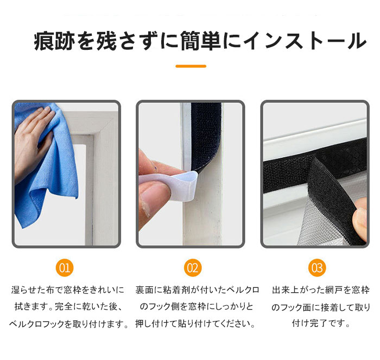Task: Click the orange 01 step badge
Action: tap(65, 268)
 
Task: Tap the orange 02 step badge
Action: tap(193, 268)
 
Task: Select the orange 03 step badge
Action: tap(317, 268)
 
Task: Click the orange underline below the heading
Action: tap(191, 66)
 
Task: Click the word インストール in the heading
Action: tap(305, 41)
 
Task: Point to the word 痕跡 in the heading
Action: tap(54, 41)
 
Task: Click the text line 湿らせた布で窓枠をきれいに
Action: tap(68, 290)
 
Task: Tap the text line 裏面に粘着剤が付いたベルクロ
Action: tap(197, 290)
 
